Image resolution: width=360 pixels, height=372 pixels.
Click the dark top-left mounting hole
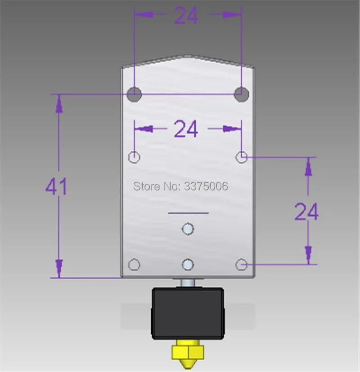[134, 94]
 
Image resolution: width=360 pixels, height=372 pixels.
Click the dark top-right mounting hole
[241, 94]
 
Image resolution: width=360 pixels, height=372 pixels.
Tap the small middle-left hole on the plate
[134, 157]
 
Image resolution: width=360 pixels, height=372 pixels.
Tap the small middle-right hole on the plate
[242, 157]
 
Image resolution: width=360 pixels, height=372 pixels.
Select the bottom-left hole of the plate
[134, 264]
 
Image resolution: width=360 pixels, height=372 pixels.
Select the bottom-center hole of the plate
[188, 264]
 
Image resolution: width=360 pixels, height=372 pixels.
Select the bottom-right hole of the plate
[242, 264]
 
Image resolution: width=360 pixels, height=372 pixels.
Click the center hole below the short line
[188, 229]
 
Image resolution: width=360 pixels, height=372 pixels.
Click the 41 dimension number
[56, 187]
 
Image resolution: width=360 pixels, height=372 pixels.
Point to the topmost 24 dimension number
[186, 15]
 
